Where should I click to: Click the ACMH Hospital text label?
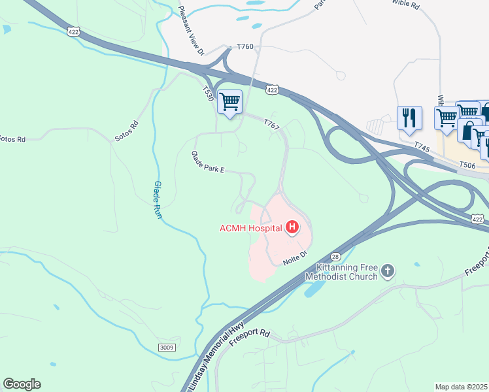coord(250,228)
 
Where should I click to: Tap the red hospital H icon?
coord(292,227)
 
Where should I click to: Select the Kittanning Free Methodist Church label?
coord(346,272)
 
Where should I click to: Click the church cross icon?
coord(388,270)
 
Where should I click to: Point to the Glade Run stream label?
coord(158,199)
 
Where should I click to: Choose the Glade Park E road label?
coord(207,163)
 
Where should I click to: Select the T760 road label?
coord(244,47)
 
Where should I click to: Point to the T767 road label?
coord(271,123)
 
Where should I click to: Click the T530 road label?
coord(208,94)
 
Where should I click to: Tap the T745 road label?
coord(422,149)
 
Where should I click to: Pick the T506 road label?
coord(467,165)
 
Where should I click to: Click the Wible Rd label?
coord(405,3)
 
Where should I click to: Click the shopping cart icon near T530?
coord(229,102)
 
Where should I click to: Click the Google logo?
coord(22,384)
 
